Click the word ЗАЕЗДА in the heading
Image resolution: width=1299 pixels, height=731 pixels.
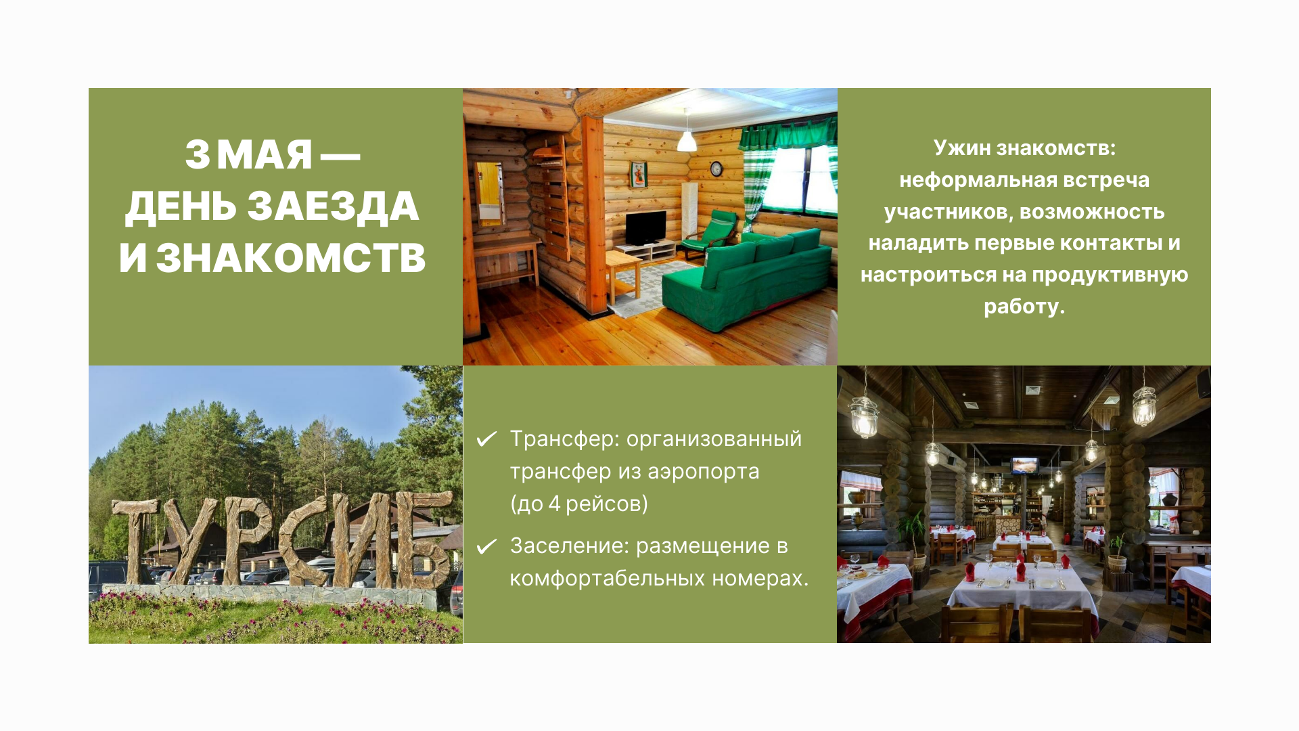click(x=333, y=206)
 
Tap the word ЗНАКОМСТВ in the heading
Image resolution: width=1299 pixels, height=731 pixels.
click(x=291, y=258)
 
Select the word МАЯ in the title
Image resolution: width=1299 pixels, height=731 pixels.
click(x=265, y=154)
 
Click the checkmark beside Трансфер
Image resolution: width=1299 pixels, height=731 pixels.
click(x=486, y=439)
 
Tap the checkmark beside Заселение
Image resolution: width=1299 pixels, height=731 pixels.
click(x=486, y=546)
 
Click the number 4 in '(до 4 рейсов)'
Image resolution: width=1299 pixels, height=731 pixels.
click(x=554, y=504)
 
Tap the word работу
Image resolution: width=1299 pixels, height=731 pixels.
click(x=1024, y=307)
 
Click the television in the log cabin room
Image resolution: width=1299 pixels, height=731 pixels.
click(x=645, y=228)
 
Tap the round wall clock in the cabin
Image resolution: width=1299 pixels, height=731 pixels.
click(x=716, y=169)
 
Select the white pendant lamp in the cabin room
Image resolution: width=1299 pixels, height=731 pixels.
click(x=687, y=141)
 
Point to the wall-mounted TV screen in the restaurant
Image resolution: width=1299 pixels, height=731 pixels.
click(x=1024, y=465)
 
